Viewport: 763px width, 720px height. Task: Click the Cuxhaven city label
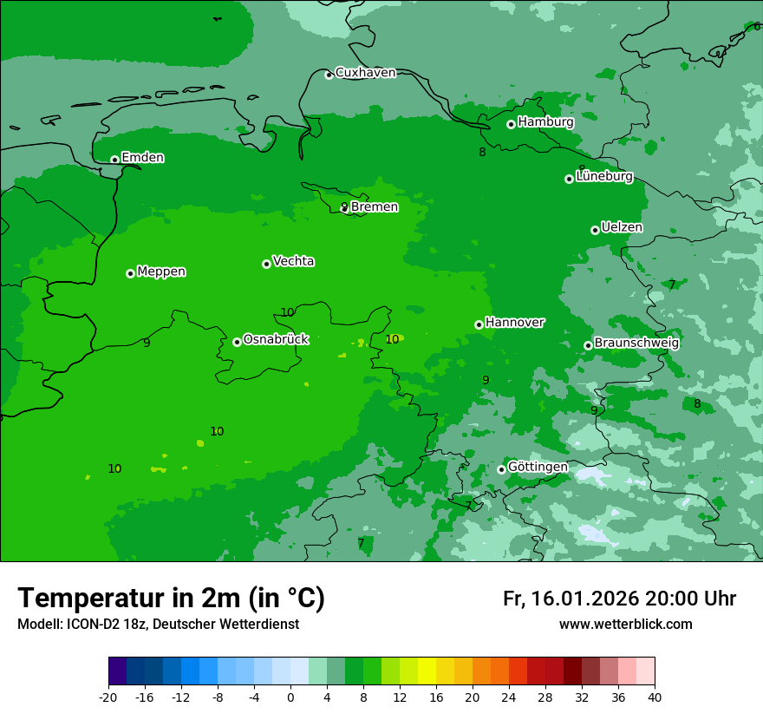pyautogui.click(x=365, y=73)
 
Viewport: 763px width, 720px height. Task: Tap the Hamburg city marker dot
pyautogui.click(x=511, y=124)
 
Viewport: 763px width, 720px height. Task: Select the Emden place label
pyautogui.click(x=142, y=158)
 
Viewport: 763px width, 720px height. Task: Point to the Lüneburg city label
pyautogui.click(x=603, y=177)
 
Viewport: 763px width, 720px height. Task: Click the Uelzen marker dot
pyautogui.click(x=595, y=230)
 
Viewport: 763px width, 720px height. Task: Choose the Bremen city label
pyautogui.click(x=374, y=207)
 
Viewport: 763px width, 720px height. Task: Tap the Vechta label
pyautogui.click(x=293, y=262)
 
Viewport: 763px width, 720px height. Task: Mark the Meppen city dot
pyautogui.click(x=130, y=273)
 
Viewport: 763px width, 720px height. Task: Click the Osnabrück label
pyautogui.click(x=276, y=340)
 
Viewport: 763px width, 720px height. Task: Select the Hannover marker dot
pyautogui.click(x=479, y=324)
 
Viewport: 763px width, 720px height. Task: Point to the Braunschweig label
pyautogui.click(x=636, y=344)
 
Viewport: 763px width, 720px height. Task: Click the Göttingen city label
pyautogui.click(x=538, y=468)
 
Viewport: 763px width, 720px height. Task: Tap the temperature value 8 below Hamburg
pyautogui.click(x=482, y=153)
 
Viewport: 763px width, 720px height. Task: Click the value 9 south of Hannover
pyautogui.click(x=486, y=380)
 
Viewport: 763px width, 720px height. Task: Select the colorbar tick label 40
pyautogui.click(x=654, y=697)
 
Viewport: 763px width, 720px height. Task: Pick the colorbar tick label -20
pyautogui.click(x=108, y=697)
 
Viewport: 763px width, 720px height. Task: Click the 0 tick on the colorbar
pyautogui.click(x=290, y=697)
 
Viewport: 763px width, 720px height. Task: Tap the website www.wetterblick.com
pyautogui.click(x=625, y=625)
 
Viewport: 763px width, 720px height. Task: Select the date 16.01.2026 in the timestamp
pyautogui.click(x=584, y=599)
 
